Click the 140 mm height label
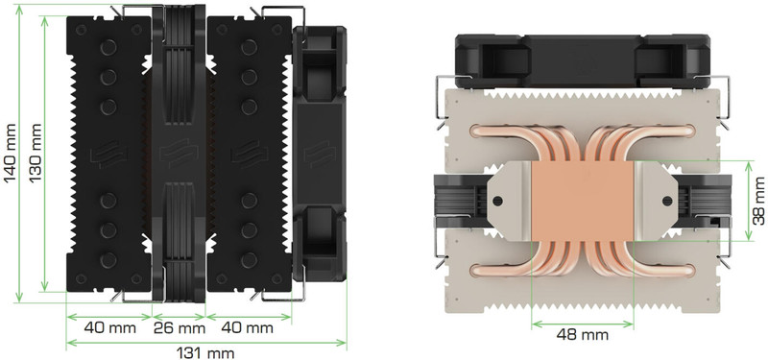click(10, 154)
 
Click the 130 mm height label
click(35, 154)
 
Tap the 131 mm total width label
click(205, 353)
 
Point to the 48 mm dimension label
click(583, 335)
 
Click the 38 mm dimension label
click(759, 201)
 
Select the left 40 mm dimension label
click(109, 327)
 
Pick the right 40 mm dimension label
click(248, 327)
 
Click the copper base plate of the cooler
click(583, 202)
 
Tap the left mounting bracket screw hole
click(497, 201)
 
